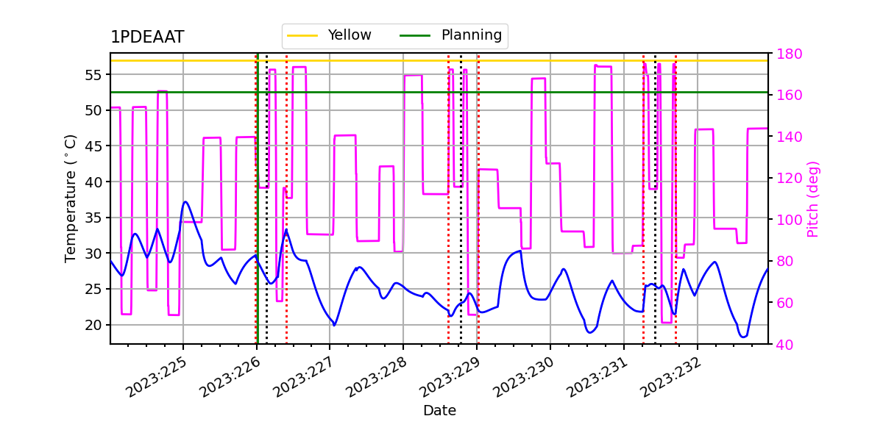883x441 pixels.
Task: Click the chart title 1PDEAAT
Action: pyautogui.click(x=147, y=37)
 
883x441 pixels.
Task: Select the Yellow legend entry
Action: pyautogui.click(x=349, y=35)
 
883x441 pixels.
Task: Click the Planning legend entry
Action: pyautogui.click(x=471, y=35)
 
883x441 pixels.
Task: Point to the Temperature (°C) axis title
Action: pyautogui.click(x=71, y=198)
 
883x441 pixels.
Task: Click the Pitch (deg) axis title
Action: pyautogui.click(x=813, y=198)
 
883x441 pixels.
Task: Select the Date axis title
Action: pyautogui.click(x=439, y=411)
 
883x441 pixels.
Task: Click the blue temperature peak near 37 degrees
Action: pyautogui.click(x=185, y=201)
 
